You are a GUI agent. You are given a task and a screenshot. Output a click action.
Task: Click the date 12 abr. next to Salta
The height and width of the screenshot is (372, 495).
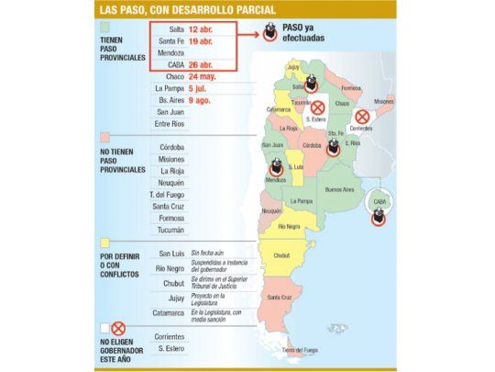[x=202, y=28]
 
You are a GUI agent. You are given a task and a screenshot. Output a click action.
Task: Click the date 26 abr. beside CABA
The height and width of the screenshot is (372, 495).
[x=202, y=64]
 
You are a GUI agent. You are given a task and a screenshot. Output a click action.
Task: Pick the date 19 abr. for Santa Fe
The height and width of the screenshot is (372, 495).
[x=202, y=40]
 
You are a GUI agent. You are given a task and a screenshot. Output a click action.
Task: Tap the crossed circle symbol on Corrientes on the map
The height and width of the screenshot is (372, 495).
[x=363, y=117]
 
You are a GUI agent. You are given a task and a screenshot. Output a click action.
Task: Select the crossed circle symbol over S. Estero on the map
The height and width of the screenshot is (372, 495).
[x=318, y=107]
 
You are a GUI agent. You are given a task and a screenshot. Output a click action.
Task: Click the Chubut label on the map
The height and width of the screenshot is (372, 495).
[x=281, y=256]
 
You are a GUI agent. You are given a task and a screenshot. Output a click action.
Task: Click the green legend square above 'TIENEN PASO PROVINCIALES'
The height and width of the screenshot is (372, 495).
[x=105, y=28]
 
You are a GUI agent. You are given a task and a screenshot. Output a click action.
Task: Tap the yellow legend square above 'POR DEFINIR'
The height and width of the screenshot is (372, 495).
[x=105, y=243]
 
